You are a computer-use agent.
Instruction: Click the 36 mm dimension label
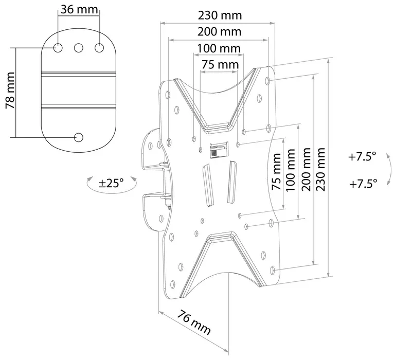79,10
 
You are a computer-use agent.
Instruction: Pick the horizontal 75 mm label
220,65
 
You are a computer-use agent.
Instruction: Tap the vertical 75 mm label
277,172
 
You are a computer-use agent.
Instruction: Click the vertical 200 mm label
307,170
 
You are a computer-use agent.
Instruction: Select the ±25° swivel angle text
112,183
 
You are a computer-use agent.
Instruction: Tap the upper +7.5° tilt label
362,157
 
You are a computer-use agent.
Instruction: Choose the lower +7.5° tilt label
362,183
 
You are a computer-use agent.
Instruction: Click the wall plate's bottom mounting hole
79,137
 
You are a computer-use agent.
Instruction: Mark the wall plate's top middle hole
79,48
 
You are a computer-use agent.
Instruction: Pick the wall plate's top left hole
59,48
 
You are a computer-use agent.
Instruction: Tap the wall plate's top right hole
99,48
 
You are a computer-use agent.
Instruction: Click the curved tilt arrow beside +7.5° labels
389,170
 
